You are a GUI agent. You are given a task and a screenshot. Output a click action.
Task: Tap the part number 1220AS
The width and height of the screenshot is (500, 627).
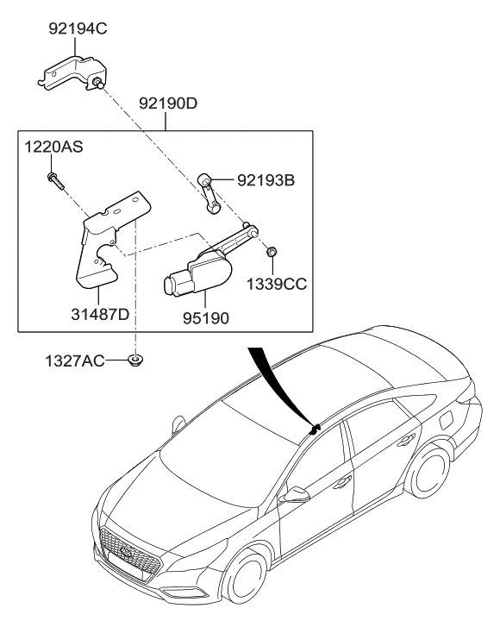53,147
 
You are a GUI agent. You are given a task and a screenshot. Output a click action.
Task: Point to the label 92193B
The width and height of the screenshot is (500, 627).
266,181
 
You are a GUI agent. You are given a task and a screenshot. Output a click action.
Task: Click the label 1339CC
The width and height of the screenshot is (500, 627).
277,282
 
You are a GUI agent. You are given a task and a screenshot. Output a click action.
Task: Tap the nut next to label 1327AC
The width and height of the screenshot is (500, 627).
134,359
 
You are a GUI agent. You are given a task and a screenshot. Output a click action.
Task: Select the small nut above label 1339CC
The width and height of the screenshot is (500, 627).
272,251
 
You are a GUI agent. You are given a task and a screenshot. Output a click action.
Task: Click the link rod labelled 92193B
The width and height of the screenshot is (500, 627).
210,191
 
